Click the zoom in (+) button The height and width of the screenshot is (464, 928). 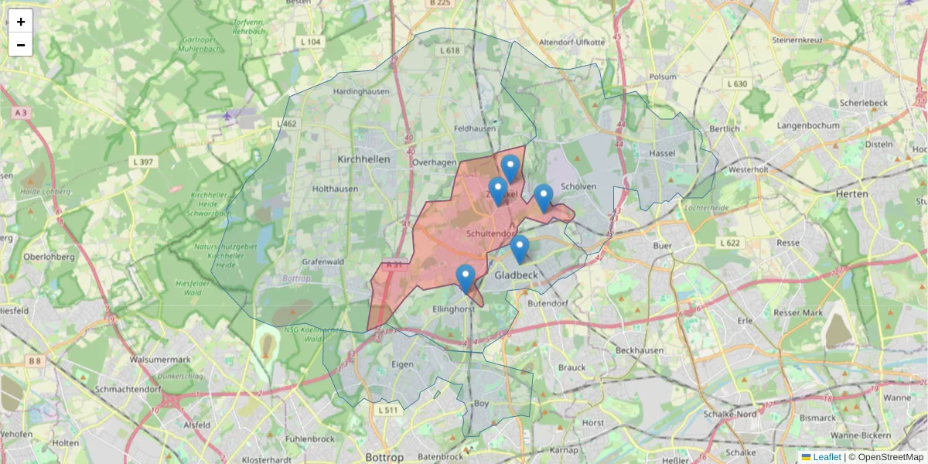tap(21, 22)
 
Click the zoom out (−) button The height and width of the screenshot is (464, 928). tap(21, 45)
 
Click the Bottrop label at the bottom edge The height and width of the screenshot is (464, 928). tap(384, 457)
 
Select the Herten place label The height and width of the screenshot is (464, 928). tap(852, 193)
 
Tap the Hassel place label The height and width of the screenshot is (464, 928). tap(663, 153)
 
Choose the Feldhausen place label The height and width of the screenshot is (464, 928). tap(475, 128)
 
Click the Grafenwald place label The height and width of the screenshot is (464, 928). tap(322, 261)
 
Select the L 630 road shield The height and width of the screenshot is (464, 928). tap(737, 84)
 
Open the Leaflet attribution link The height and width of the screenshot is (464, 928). tap(825, 457)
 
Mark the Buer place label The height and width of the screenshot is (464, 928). tap(663, 245)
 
